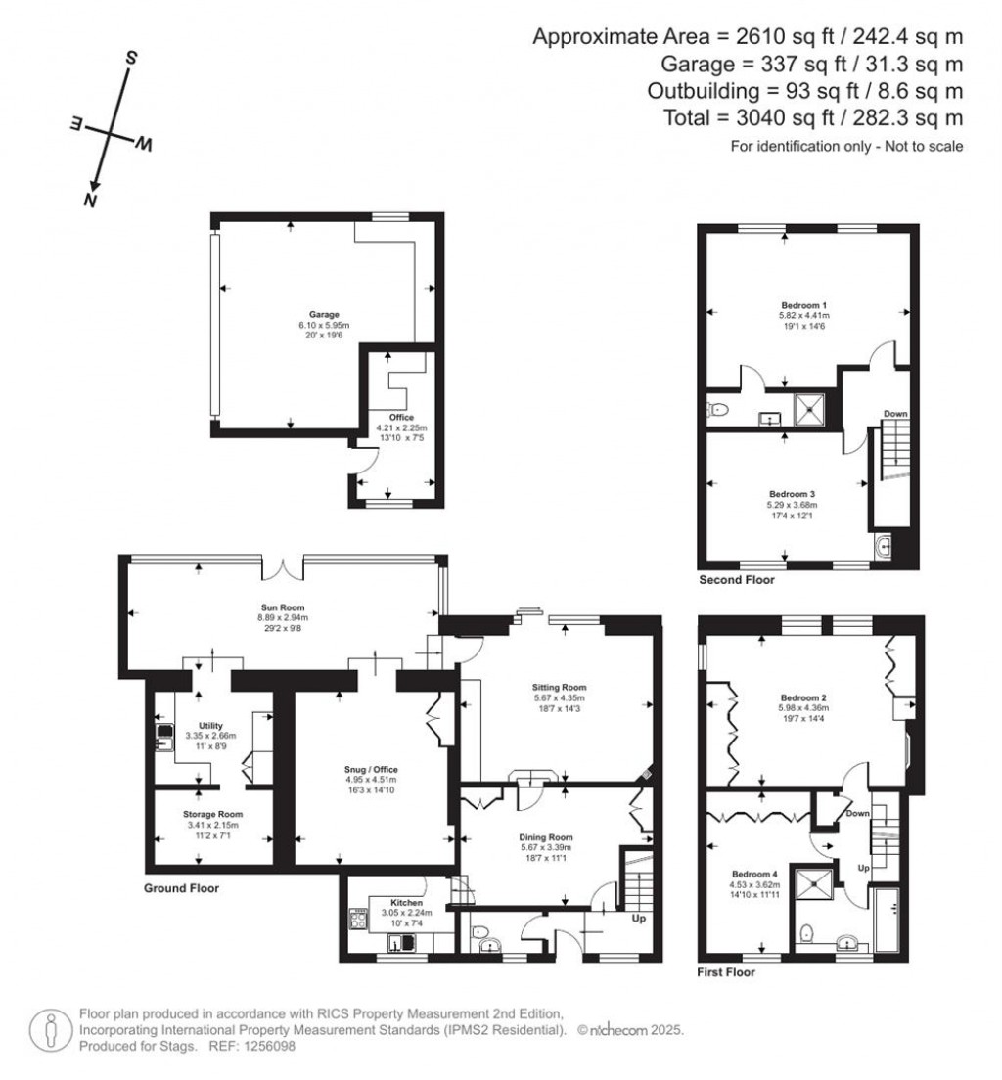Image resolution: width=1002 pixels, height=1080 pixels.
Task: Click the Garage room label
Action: coord(324,315)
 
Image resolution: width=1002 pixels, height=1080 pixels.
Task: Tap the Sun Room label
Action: coord(283,607)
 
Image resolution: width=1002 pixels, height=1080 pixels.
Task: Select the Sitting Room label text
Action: coord(559,687)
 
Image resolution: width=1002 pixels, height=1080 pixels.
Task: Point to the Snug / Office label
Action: coord(372,769)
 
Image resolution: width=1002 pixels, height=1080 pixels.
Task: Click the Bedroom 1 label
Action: coord(803,305)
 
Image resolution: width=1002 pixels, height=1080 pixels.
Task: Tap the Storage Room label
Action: coord(213,814)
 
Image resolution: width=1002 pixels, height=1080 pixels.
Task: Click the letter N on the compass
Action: coord(90,200)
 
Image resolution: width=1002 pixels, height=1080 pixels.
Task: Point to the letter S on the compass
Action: coord(130,58)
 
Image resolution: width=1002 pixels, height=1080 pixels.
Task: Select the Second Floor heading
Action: coord(737,580)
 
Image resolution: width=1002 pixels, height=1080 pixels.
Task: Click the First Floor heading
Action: coord(726,972)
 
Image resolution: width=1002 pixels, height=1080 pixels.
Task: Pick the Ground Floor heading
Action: coord(181,888)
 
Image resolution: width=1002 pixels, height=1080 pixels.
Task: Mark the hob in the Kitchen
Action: coord(358,920)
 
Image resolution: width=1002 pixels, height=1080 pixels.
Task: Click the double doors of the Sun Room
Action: coord(283,567)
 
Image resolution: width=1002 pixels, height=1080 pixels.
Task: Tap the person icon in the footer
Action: coord(51,1031)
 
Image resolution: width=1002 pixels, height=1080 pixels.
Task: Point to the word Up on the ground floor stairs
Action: coord(639,919)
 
